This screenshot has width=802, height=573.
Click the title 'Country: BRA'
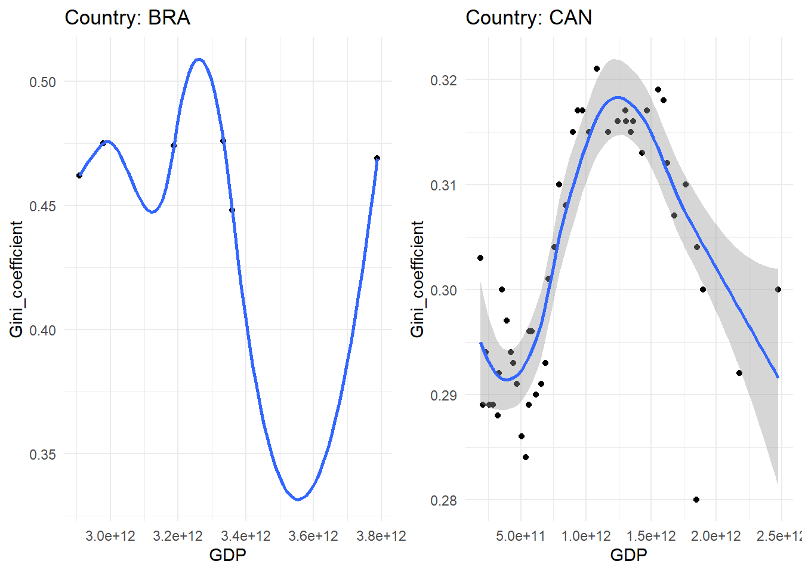(x=127, y=17)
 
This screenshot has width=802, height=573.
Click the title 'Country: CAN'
(x=529, y=17)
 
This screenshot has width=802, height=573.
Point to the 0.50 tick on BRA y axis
(x=43, y=82)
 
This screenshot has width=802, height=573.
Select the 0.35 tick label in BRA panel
(x=43, y=454)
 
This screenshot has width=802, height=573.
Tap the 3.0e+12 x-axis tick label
(x=110, y=536)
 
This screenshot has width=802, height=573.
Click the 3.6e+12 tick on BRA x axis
(x=313, y=536)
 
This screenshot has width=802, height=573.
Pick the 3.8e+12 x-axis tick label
(x=381, y=536)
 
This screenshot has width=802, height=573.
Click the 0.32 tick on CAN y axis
(x=443, y=80)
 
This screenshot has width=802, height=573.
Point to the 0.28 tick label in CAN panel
(x=443, y=500)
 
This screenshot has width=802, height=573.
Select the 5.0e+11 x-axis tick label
(x=521, y=536)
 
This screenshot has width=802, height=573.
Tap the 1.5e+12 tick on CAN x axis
(x=651, y=536)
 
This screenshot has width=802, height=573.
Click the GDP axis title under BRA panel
(x=227, y=555)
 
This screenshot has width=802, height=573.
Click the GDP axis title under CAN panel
(x=628, y=555)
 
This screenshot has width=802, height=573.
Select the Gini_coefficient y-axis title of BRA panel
(x=16, y=279)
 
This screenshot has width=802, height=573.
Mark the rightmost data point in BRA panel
(x=377, y=158)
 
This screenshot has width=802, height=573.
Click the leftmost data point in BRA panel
(x=79, y=175)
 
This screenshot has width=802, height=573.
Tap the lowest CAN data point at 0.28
(x=696, y=500)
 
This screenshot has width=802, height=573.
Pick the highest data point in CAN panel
(x=597, y=69)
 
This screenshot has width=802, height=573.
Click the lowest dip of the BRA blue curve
(x=298, y=499)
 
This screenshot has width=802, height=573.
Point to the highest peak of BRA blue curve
(x=199, y=59)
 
